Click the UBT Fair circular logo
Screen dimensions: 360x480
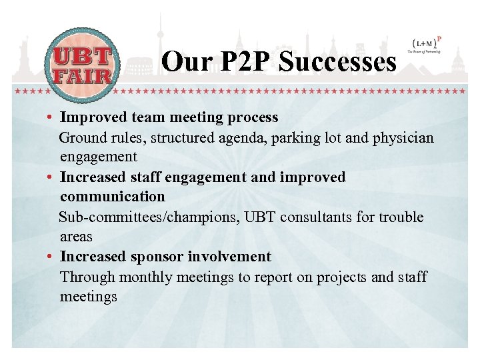(x=81, y=65)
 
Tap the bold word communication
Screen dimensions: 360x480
(x=112, y=197)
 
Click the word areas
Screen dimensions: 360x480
(x=76, y=237)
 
